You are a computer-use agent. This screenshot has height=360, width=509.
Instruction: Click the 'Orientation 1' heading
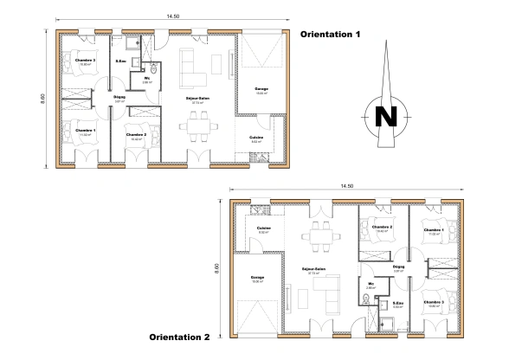click(329, 35)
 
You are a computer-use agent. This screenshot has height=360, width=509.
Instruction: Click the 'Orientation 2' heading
click(180, 337)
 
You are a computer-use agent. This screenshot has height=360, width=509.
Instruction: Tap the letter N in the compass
click(388, 115)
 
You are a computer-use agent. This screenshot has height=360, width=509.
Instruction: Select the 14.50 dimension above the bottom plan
click(347, 186)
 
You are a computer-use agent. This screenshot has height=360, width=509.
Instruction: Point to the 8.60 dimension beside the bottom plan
click(216, 270)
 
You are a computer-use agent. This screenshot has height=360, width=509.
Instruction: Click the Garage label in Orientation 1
click(261, 89)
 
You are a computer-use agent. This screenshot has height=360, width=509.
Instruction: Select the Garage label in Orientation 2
click(258, 277)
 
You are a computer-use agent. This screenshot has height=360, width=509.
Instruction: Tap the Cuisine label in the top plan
click(256, 137)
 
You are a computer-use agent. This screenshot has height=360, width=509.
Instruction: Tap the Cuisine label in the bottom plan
click(264, 228)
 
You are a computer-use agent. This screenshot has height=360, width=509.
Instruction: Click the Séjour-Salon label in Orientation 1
click(197, 98)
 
